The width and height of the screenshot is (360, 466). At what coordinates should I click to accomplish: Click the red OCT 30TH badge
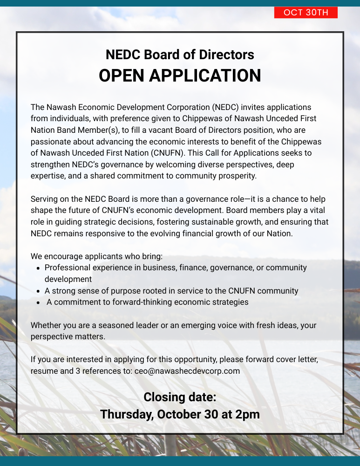pyautogui.click(x=306, y=13)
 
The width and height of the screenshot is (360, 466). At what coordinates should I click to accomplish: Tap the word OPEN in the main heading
pyautogui.click(x=122, y=75)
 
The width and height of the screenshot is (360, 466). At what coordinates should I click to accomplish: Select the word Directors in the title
pyautogui.click(x=227, y=55)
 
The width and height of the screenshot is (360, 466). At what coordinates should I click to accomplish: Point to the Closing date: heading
pyautogui.click(x=180, y=397)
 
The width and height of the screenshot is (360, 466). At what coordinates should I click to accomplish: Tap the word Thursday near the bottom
pyautogui.click(x=125, y=414)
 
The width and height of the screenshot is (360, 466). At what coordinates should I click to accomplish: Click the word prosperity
pyautogui.click(x=233, y=176)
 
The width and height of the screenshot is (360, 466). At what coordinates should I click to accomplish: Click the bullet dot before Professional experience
pyautogui.click(x=38, y=268)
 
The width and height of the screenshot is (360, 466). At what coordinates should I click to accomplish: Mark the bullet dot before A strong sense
pyautogui.click(x=38, y=291)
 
